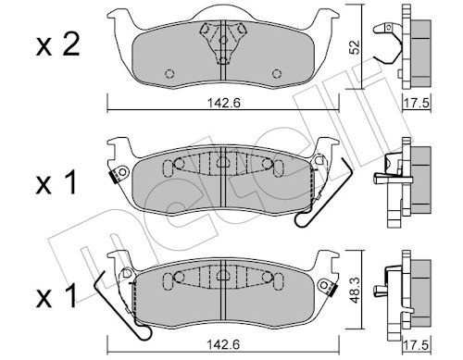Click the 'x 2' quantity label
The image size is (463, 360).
point(57,45)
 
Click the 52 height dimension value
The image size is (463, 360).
point(355,47)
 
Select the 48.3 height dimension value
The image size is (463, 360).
point(356,290)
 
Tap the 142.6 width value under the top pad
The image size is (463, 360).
point(223,103)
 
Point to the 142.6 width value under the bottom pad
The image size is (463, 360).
point(223,344)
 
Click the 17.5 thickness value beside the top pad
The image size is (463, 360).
point(417,103)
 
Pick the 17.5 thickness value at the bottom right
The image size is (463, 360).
point(417,345)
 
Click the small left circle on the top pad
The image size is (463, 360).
point(169,74)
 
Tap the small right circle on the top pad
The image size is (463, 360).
point(277,74)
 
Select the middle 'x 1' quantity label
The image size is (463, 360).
point(56,183)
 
